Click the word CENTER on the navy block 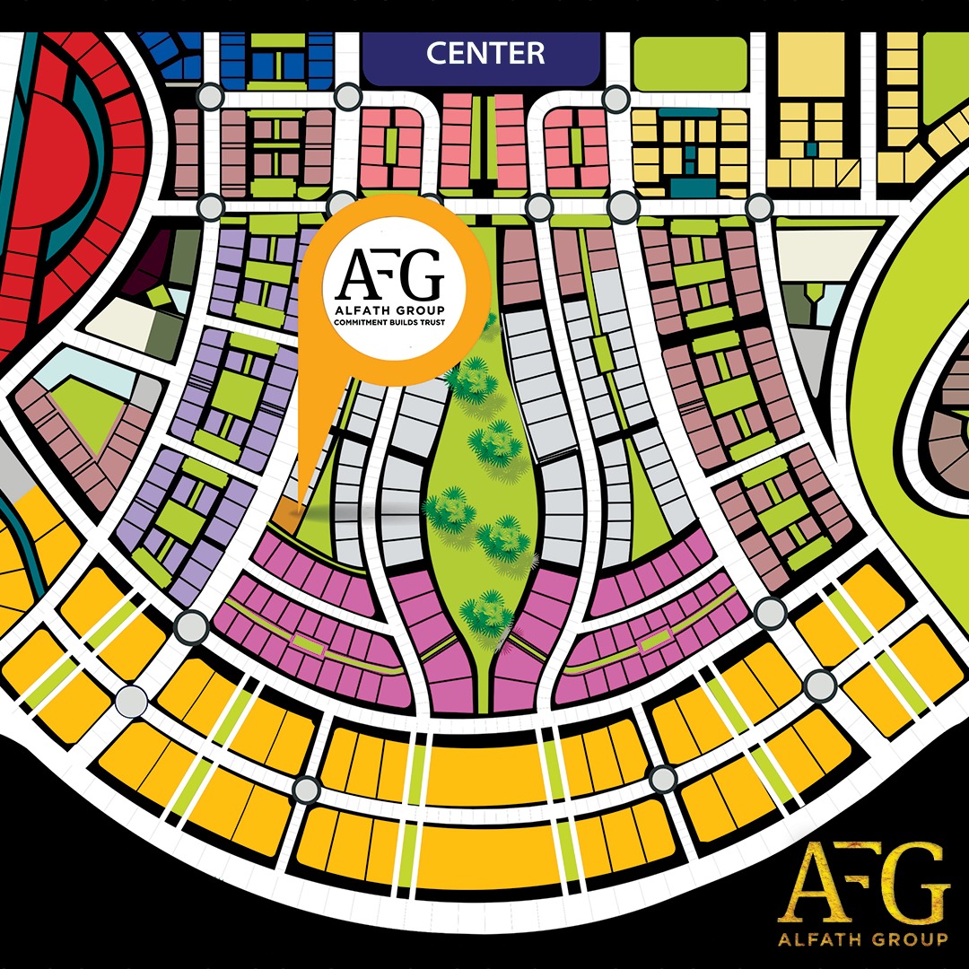(484, 53)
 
